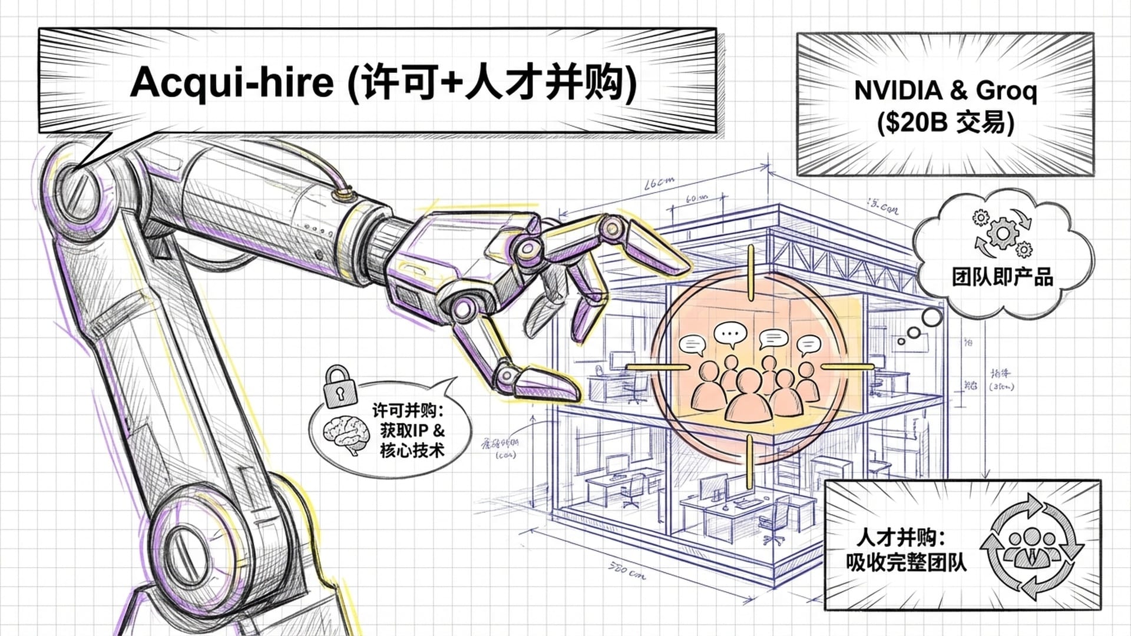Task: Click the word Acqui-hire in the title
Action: (232, 82)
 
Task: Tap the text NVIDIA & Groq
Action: (945, 91)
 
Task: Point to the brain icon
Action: (346, 434)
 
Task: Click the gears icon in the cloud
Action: (1001, 233)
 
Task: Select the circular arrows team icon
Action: (1035, 546)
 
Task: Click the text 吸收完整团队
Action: (906, 562)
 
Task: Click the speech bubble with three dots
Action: (730, 334)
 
